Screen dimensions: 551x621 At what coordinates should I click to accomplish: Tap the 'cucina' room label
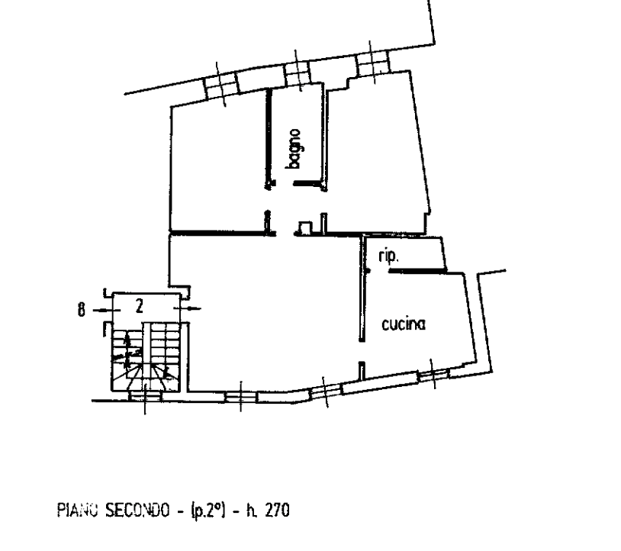pos(403,325)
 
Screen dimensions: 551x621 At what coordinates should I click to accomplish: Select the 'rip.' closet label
pos(388,257)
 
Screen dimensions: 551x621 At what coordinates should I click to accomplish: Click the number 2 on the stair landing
pos(140,307)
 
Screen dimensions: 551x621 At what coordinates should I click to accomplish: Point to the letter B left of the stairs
pos(81,309)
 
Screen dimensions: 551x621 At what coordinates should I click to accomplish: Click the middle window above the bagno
pos(298,71)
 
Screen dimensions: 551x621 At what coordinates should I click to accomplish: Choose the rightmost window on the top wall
pos(371,64)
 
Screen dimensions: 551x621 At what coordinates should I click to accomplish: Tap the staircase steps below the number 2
pos(145,355)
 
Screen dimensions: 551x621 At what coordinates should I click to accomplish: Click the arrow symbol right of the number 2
pos(188,309)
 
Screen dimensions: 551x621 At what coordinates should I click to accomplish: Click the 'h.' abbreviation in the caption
pos(250,509)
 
